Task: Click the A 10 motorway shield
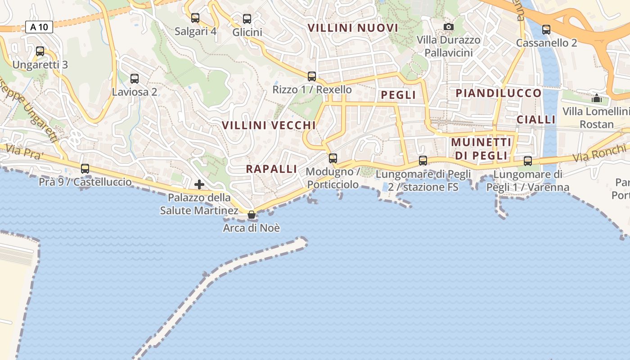(x=39, y=27)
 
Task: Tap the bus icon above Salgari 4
(x=195, y=18)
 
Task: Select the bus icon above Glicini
(x=247, y=19)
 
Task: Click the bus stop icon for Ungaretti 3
(x=40, y=51)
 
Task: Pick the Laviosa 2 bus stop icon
(x=134, y=79)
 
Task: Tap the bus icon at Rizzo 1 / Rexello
(x=312, y=76)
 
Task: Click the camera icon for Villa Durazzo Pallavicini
(x=448, y=27)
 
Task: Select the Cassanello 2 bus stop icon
(x=546, y=30)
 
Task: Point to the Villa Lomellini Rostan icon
(x=597, y=98)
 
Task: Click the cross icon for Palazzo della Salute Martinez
(x=199, y=184)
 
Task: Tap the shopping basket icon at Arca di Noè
(x=252, y=215)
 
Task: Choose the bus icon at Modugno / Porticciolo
(x=333, y=158)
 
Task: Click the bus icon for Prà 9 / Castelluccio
(x=85, y=169)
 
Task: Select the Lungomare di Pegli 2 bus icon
(x=423, y=160)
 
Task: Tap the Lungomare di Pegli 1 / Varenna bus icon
(x=528, y=161)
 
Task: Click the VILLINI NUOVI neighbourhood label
(x=353, y=28)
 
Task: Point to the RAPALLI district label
(x=271, y=169)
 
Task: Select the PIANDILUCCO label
(x=499, y=93)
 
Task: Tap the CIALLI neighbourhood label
(x=536, y=119)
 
